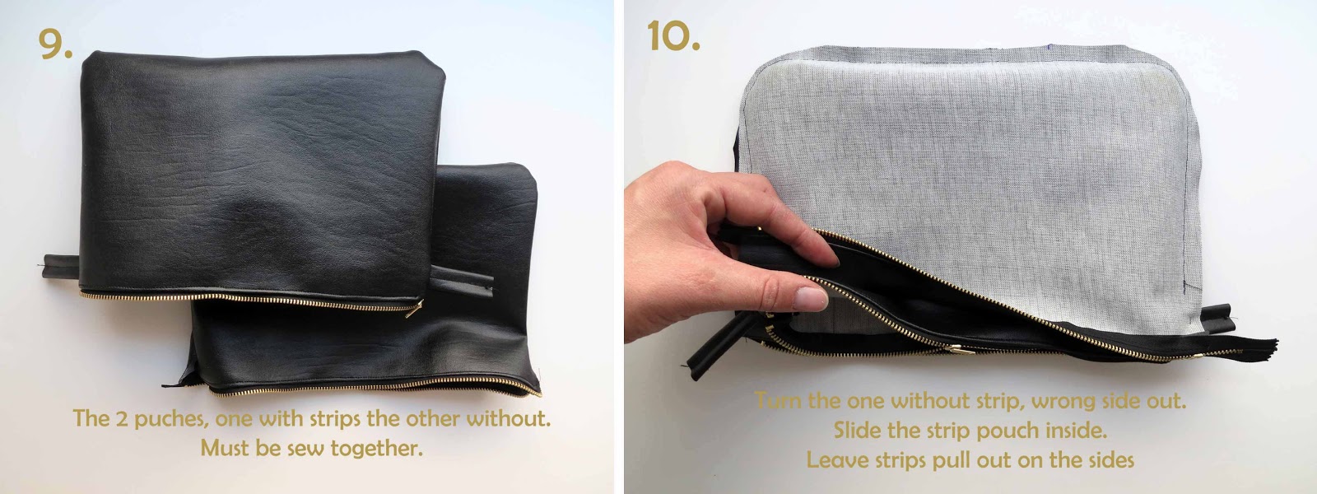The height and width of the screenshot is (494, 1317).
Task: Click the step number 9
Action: pos(55,44)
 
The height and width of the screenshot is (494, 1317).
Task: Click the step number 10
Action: pos(673,35)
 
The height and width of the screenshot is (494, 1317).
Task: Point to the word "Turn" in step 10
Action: pos(778,401)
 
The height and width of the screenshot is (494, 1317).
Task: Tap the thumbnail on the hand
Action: pos(810,297)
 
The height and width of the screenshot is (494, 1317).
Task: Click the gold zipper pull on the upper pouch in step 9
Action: pos(414,309)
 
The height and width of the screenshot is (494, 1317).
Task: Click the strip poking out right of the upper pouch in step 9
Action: pos(463,278)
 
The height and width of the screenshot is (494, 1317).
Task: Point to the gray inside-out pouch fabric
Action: pos(970,176)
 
